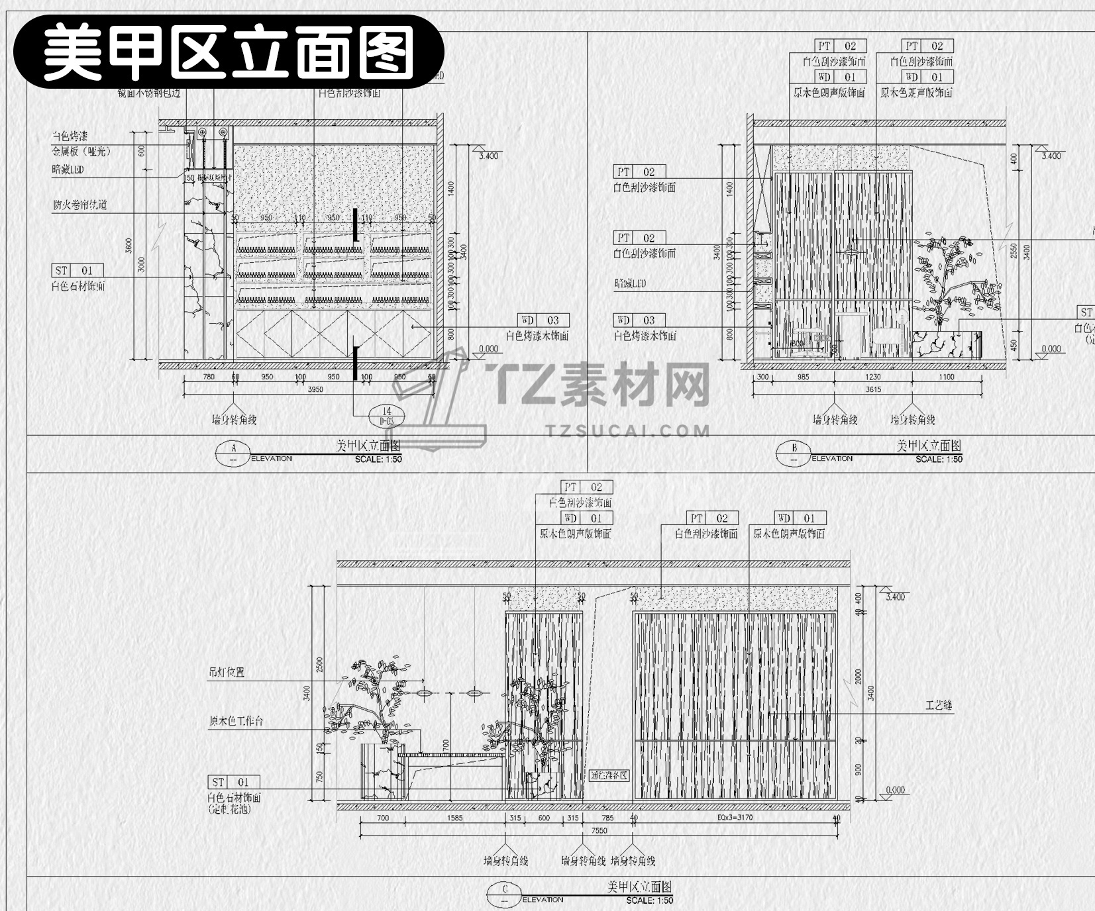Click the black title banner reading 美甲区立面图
pos(229,52)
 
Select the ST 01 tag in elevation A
pos(78,270)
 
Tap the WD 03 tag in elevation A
pos(544,320)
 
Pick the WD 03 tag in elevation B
pos(639,320)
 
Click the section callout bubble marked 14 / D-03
pos(386,415)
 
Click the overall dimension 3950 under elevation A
pos(315,389)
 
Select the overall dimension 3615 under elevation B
pos(873,389)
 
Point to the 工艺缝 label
pos(939,706)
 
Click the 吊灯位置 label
pos(227,672)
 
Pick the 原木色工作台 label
pos(236,721)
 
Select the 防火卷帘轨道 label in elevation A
pos(79,205)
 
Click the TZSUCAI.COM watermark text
pos(628,431)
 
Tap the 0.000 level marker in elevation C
pos(895,790)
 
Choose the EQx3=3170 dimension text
pos(735,818)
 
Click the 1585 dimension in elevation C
pos(454,818)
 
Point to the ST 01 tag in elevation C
pos(234,782)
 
